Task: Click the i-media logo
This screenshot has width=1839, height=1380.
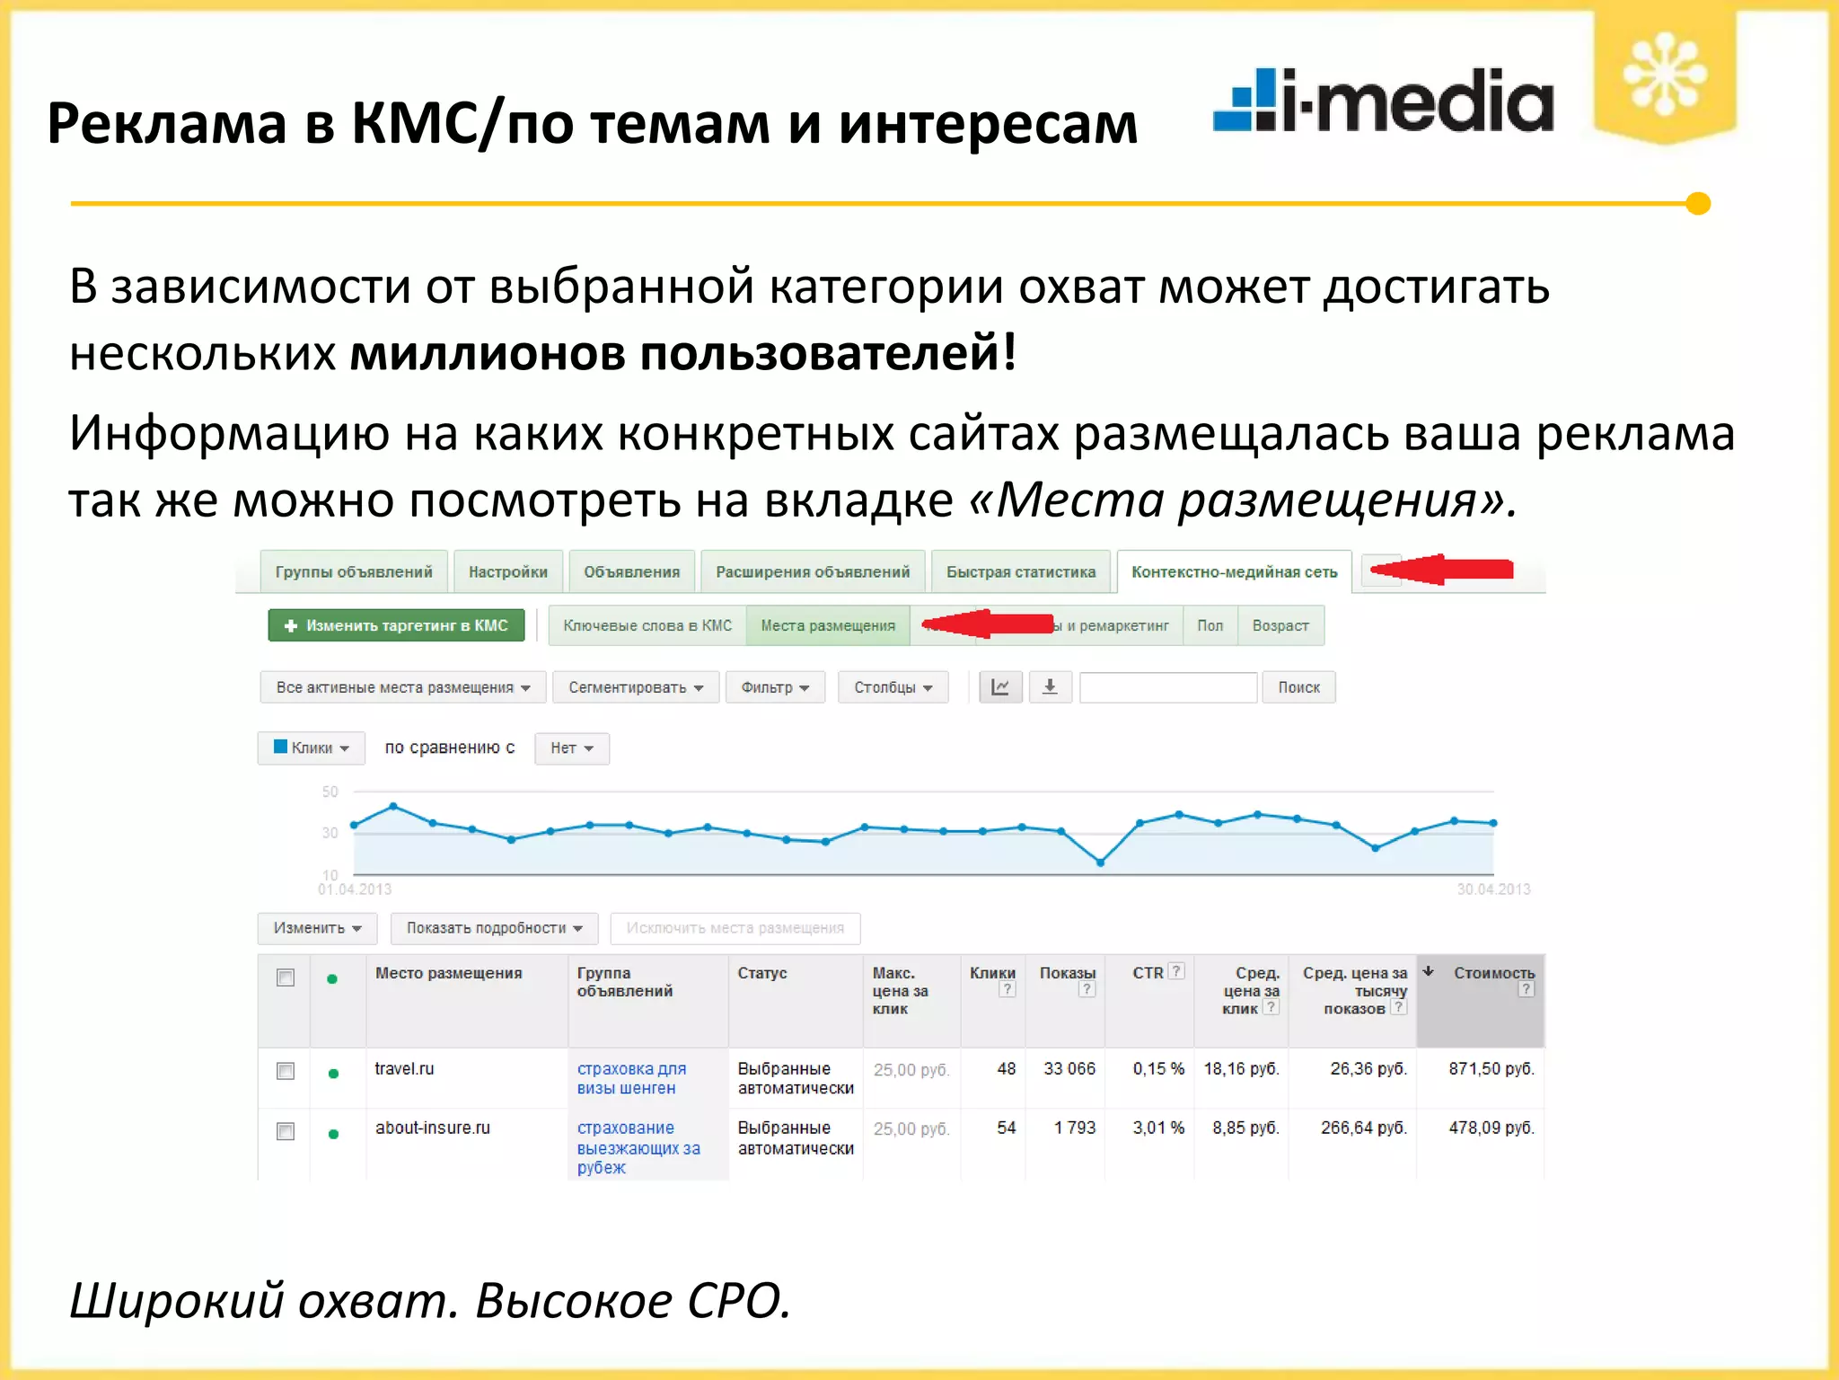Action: pyautogui.click(x=1383, y=101)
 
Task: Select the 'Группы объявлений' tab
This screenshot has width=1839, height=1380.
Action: pyautogui.click(x=354, y=572)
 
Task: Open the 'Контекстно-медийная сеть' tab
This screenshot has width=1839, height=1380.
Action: pyautogui.click(x=1234, y=572)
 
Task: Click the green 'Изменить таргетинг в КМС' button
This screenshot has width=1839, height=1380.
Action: pyautogui.click(x=396, y=625)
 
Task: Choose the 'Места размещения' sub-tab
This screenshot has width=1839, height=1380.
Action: pyautogui.click(x=827, y=626)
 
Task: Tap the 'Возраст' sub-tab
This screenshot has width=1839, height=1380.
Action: pyautogui.click(x=1280, y=626)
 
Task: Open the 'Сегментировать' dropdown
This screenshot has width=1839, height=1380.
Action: pyautogui.click(x=635, y=687)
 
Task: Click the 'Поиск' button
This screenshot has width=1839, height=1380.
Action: pyautogui.click(x=1298, y=687)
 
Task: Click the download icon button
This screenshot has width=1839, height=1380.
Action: pyautogui.click(x=1050, y=687)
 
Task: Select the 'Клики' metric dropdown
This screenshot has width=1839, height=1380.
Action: pyautogui.click(x=311, y=747)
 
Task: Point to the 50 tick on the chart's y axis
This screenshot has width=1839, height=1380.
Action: pyautogui.click(x=330, y=792)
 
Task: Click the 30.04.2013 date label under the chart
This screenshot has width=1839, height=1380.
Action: pyautogui.click(x=1493, y=889)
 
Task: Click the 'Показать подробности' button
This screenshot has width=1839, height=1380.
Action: pyautogui.click(x=494, y=928)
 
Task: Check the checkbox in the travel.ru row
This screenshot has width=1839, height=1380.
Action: pyautogui.click(x=286, y=1071)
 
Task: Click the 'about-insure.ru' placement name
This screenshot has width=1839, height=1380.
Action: pyautogui.click(x=433, y=1128)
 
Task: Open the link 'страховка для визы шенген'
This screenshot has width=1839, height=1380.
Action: pyautogui.click(x=630, y=1078)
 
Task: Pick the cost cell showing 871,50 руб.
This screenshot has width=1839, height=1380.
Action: pyautogui.click(x=1491, y=1069)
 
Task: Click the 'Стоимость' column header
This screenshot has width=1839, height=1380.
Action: pyautogui.click(x=1493, y=974)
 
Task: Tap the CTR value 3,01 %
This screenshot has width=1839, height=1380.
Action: pyautogui.click(x=1157, y=1128)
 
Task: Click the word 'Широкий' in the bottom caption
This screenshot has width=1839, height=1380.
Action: pyautogui.click(x=176, y=1300)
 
